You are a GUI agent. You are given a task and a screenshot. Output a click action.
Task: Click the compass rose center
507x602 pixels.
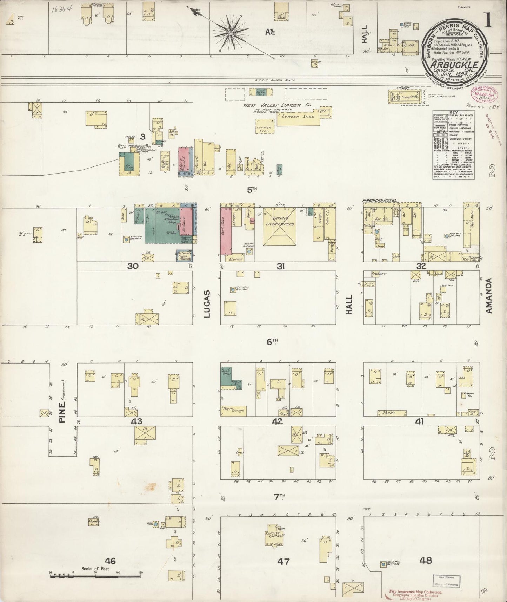coord(231,33)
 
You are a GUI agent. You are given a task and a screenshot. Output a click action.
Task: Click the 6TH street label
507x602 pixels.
coord(272,341)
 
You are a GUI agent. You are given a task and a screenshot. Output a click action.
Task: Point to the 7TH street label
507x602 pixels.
coord(280,497)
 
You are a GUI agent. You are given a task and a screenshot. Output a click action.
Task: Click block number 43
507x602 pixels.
coord(136,421)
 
